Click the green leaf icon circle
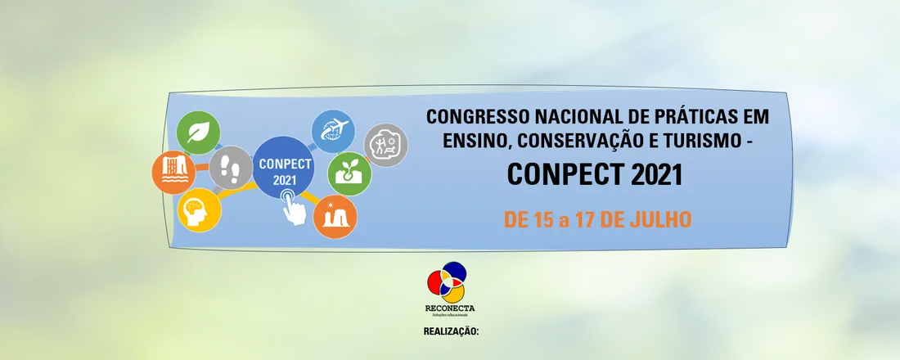pos(198,133)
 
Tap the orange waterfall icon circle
pos(174,173)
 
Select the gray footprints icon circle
pos(231,168)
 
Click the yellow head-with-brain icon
pos(199,210)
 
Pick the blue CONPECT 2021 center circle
pos(284,167)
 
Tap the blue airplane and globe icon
pos(333,132)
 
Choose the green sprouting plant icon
pos(349,174)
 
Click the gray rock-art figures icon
pos(385,146)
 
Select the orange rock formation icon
pos(335,217)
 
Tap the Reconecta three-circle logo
pos(447,282)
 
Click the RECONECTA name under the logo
pos(450,308)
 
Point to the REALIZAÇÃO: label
pos(451,331)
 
